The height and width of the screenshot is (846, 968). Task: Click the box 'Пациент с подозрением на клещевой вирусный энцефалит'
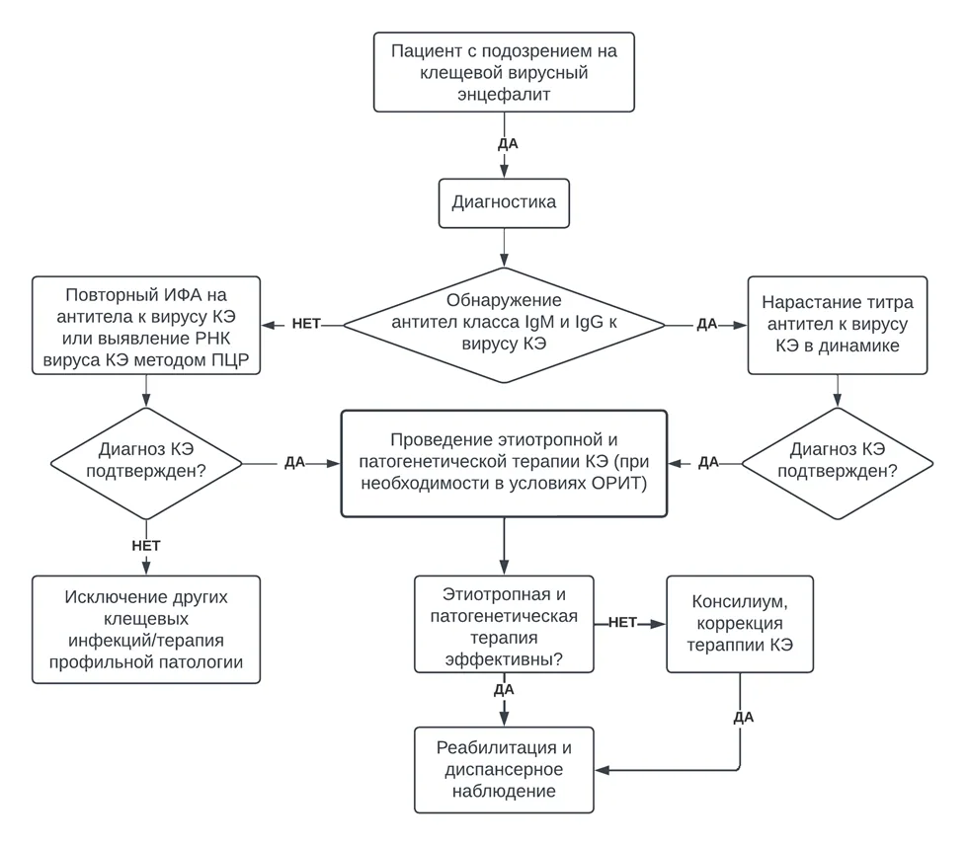[x=504, y=72]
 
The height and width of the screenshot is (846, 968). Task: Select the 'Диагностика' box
[x=504, y=203]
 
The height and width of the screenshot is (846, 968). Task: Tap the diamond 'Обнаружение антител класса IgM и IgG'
[x=504, y=325]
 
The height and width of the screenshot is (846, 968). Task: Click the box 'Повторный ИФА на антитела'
[x=146, y=325]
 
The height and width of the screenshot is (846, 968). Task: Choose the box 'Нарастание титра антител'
[x=838, y=325]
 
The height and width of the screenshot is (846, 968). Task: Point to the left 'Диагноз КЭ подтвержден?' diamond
[x=146, y=463]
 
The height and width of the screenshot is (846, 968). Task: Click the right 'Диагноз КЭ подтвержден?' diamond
[x=838, y=463]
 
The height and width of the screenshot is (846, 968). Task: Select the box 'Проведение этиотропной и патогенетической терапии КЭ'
[x=504, y=463]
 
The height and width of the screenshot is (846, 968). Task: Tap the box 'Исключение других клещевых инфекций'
[x=146, y=630]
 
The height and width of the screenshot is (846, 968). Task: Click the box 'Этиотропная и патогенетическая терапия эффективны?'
[x=504, y=625]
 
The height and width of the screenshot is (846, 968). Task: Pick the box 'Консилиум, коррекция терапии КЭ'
[x=740, y=624]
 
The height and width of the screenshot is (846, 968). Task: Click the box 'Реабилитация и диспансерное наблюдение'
[x=504, y=769]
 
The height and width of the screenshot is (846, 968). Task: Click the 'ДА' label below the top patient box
[x=508, y=144]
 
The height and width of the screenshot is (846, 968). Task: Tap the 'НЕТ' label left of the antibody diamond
[x=306, y=324]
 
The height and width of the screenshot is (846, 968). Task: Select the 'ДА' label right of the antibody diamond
[x=707, y=324]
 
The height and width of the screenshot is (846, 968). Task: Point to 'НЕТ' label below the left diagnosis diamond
[x=146, y=546]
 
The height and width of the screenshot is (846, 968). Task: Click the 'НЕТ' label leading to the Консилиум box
[x=622, y=623]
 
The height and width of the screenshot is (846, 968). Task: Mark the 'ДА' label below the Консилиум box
[x=743, y=717]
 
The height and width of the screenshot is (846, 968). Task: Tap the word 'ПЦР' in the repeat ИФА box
[x=229, y=359]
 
